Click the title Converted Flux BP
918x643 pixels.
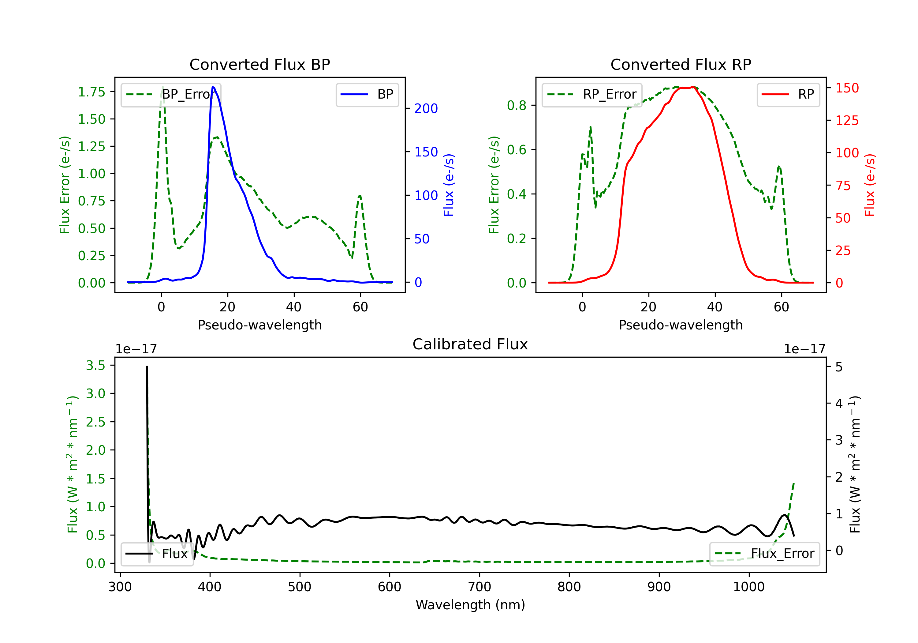(x=259, y=64)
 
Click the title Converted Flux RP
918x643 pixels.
(x=681, y=64)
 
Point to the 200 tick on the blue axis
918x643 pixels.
(x=426, y=108)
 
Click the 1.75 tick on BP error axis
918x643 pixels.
(x=91, y=92)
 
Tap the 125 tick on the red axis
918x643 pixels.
(x=847, y=120)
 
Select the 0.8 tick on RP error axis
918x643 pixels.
(x=516, y=106)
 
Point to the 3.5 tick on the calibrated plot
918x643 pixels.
(x=95, y=365)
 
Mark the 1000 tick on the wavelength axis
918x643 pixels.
(x=748, y=587)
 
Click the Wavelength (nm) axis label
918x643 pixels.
(x=470, y=605)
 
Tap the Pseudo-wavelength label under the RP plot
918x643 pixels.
(x=681, y=325)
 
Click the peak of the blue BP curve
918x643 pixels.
(x=213, y=87)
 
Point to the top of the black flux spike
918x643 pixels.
(x=147, y=367)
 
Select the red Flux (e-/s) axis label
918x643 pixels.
(x=870, y=185)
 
